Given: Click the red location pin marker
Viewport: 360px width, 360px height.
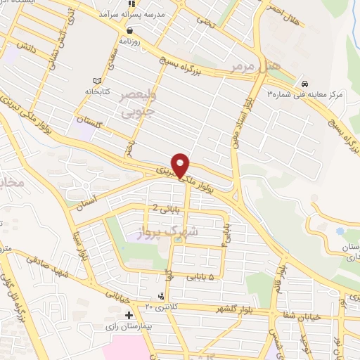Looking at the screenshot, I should tap(181, 165).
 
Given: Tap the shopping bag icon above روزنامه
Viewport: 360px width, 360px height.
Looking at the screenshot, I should tap(130, 30).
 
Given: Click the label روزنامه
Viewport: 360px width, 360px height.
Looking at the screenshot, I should tap(130, 41).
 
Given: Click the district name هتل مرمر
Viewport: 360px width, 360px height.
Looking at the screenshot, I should tap(254, 67).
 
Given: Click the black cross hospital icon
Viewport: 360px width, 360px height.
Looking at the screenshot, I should tap(129, 316).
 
